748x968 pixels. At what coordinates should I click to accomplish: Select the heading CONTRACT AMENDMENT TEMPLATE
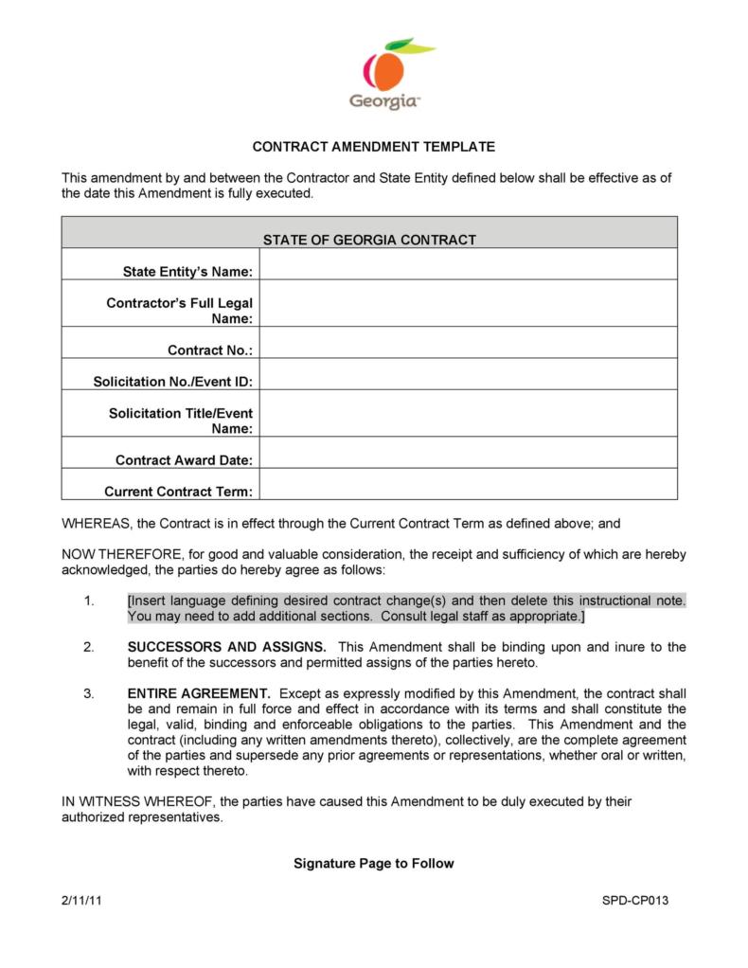pos(373,147)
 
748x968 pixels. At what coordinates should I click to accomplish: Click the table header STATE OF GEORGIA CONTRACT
pos(369,240)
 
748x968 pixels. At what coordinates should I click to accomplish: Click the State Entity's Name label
pos(187,272)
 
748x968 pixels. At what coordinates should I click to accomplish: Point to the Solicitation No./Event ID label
pos(172,382)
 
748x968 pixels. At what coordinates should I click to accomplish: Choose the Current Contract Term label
pos(178,492)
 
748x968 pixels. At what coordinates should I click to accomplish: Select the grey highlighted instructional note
pos(405,609)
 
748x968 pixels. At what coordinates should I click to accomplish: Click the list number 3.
pos(88,692)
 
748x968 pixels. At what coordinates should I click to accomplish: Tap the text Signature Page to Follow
pos(373,863)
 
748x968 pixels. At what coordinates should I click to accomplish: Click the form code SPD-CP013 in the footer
pos(635,901)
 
